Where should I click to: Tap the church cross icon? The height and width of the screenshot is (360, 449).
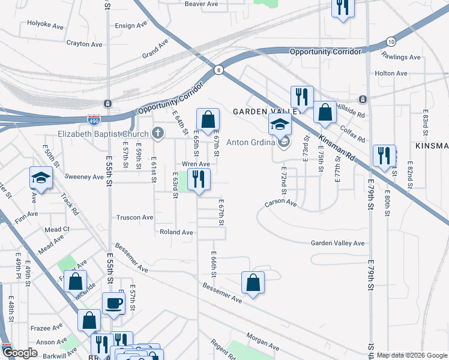coord(157,133)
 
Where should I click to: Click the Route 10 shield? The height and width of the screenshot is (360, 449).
coord(391,41)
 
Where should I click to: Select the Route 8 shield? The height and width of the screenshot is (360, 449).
coord(219,70)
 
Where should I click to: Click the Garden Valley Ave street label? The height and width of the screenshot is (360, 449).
coord(337,243)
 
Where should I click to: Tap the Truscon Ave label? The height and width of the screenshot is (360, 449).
coord(135,218)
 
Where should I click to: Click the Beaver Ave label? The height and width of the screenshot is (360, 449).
coord(201,4)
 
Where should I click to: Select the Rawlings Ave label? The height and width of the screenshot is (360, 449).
coord(401,57)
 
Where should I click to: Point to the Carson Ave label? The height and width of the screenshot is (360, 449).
coord(282,204)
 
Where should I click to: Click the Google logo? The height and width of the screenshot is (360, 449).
coord(20,353)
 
